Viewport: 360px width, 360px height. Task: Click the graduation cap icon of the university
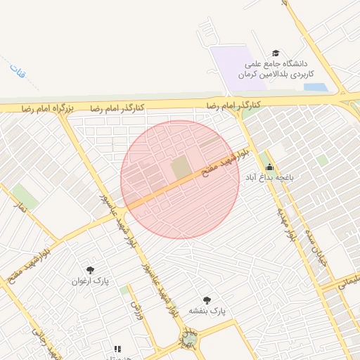(276, 53)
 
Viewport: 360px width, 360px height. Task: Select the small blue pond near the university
(315, 88)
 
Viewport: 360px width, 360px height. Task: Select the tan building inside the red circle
(181, 167)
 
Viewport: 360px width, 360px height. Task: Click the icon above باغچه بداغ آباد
(269, 167)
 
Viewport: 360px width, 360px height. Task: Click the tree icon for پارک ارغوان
(90, 269)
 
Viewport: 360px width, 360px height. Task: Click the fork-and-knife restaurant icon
(117, 348)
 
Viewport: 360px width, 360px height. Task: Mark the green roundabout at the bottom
(190, 342)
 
